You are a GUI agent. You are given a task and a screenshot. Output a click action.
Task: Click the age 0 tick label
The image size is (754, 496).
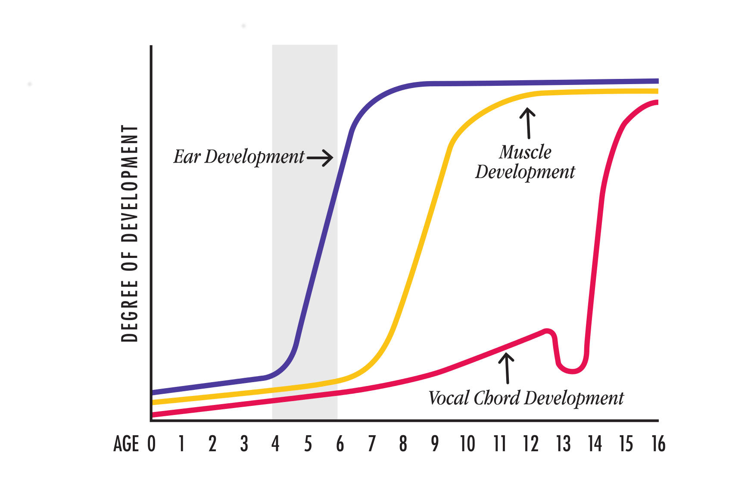click(x=151, y=444)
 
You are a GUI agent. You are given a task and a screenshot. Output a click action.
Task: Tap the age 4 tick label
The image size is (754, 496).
click(x=275, y=444)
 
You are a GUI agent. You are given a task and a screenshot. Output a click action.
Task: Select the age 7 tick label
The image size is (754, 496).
click(x=371, y=444)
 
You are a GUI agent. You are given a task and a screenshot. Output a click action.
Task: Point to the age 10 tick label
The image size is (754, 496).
click(x=467, y=444)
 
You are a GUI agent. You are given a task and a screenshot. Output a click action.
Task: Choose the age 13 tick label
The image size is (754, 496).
click(x=563, y=444)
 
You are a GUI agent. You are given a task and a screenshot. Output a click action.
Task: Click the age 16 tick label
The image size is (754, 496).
click(x=658, y=444)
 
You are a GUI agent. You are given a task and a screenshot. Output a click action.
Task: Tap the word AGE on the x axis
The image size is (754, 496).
click(x=126, y=444)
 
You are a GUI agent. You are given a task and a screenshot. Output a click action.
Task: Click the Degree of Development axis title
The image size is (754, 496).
click(x=130, y=233)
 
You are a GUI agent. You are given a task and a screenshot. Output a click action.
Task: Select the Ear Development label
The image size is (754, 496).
click(x=239, y=157)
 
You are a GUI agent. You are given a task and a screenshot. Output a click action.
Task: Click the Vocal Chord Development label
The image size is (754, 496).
click(x=526, y=398)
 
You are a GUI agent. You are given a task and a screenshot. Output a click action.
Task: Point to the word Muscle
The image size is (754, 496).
click(x=525, y=152)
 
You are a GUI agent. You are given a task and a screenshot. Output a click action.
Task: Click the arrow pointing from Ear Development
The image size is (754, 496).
click(x=320, y=158)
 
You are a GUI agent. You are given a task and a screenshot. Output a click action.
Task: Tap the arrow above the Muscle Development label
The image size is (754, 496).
click(x=527, y=123)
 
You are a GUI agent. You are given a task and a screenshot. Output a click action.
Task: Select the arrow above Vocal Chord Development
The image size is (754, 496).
click(x=507, y=368)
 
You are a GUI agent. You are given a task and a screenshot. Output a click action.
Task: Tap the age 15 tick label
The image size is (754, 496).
click(x=626, y=444)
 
